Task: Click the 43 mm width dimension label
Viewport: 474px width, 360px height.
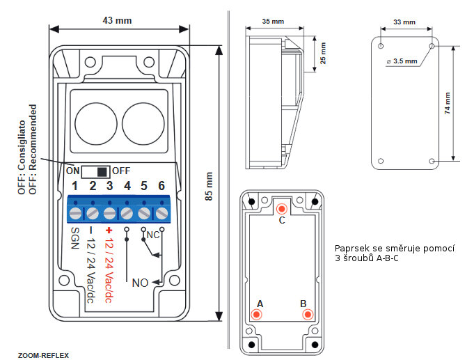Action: point(118,20)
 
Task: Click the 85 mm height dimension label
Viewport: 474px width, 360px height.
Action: point(210,187)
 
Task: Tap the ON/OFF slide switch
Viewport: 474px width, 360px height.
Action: point(97,171)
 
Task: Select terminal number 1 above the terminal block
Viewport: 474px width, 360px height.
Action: point(75,186)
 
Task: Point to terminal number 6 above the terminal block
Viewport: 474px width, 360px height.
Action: point(161,186)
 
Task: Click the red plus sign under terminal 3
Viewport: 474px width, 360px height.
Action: point(109,230)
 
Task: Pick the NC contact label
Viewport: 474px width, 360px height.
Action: point(153,236)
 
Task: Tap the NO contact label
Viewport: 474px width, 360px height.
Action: point(141,283)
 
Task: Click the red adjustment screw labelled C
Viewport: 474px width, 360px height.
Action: point(281,210)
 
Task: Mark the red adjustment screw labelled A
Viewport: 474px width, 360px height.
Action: point(257,315)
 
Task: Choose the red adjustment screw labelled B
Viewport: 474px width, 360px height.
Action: point(305,315)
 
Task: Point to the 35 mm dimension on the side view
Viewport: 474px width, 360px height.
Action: point(273,22)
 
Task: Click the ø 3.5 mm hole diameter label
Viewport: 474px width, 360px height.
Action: point(402,61)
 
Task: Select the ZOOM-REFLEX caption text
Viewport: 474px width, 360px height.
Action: point(43,354)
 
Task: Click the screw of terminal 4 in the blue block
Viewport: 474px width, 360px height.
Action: point(127,212)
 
